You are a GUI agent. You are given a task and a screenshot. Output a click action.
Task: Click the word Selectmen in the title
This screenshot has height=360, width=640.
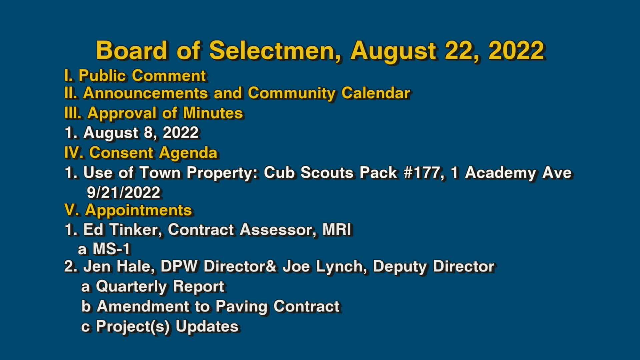click(275, 51)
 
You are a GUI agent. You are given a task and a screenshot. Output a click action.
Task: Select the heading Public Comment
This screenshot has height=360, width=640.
click(142, 76)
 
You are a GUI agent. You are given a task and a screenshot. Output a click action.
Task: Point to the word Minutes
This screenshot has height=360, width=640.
click(213, 113)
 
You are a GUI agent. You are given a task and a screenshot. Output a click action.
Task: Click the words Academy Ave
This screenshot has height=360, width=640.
click(518, 173)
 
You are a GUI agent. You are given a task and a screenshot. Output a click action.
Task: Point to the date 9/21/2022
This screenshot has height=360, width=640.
click(124, 193)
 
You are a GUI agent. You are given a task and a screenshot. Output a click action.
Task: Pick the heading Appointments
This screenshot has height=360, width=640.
click(138, 210)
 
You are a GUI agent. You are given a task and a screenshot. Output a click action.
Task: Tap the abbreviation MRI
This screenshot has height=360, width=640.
click(337, 230)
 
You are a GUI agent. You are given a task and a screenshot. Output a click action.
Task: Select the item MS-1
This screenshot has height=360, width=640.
click(111, 249)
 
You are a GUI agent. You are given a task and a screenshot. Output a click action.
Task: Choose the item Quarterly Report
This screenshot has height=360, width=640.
click(160, 286)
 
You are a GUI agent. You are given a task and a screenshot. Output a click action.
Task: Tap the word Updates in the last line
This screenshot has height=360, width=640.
click(207, 326)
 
